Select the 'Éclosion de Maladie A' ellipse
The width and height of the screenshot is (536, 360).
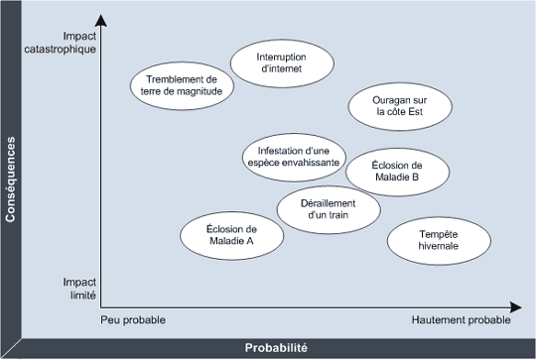[x=230, y=235]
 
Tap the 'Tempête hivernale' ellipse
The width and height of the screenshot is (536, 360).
[x=438, y=239]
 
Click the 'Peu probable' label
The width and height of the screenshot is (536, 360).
[x=133, y=320]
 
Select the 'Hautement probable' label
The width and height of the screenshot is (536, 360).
[x=462, y=320]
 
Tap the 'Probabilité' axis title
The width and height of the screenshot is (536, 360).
[x=276, y=348]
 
